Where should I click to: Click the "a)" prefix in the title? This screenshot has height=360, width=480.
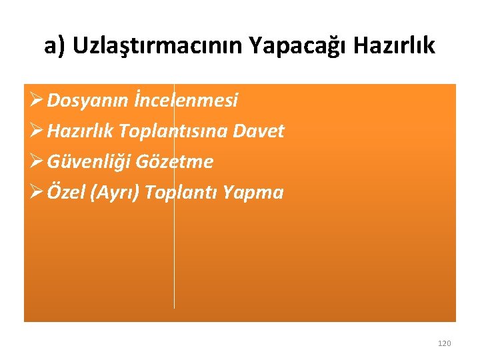click(x=55, y=46)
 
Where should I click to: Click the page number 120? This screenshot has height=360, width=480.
click(x=444, y=343)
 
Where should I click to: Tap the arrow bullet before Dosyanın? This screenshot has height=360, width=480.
click(x=37, y=101)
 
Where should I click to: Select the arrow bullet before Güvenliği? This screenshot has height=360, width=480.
click(x=37, y=162)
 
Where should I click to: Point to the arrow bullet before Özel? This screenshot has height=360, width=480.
click(x=37, y=193)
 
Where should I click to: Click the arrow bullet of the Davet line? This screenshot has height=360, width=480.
click(x=37, y=131)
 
